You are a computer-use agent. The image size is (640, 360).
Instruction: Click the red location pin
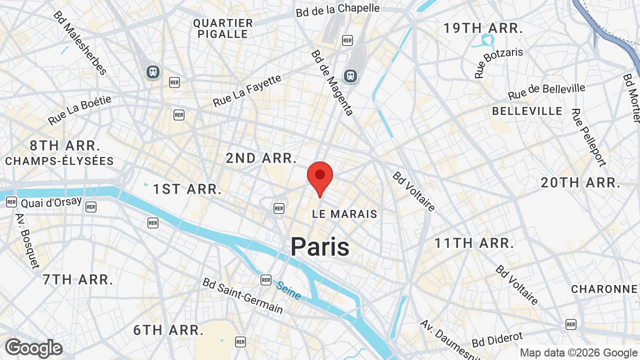(320, 176)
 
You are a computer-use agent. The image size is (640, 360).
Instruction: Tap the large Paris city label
(320, 247)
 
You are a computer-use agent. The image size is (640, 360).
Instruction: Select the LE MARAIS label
(344, 214)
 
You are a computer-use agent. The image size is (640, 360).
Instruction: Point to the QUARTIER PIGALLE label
(223, 28)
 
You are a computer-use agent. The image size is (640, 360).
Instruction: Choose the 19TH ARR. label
(483, 28)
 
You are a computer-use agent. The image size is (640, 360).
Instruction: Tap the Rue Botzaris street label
(498, 62)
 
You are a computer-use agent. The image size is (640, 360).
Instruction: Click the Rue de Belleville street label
(546, 91)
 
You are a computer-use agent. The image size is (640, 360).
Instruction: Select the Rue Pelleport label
(589, 137)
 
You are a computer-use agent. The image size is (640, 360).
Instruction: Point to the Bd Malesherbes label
(79, 43)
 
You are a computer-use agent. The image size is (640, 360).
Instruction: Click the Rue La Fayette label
(247, 90)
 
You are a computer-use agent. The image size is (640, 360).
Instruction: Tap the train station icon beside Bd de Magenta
(350, 75)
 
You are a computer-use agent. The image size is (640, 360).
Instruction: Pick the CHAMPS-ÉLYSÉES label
(59, 161)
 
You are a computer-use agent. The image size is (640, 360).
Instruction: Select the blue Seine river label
(288, 290)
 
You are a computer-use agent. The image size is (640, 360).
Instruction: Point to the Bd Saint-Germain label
(242, 295)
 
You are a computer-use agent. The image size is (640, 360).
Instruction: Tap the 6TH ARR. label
(168, 330)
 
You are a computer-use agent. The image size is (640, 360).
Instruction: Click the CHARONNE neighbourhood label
(604, 289)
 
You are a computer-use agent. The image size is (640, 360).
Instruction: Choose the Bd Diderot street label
(497, 339)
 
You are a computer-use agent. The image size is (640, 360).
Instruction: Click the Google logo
(33, 348)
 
